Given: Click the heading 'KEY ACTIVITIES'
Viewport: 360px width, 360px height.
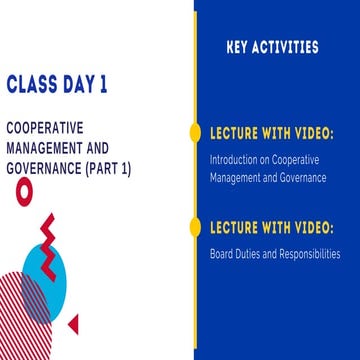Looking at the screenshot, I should [x=273, y=47].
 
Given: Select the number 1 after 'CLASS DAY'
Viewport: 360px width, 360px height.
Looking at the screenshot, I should [x=103, y=85].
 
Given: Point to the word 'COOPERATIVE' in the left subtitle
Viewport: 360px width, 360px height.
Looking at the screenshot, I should [x=44, y=131].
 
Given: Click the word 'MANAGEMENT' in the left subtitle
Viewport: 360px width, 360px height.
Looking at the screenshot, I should [x=44, y=149].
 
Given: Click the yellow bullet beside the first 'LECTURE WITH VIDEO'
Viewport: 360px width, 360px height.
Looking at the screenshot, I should [x=195, y=132].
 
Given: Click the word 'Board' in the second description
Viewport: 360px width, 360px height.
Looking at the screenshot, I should [x=222, y=253].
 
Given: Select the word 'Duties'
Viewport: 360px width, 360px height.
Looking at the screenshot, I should [x=251, y=253].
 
